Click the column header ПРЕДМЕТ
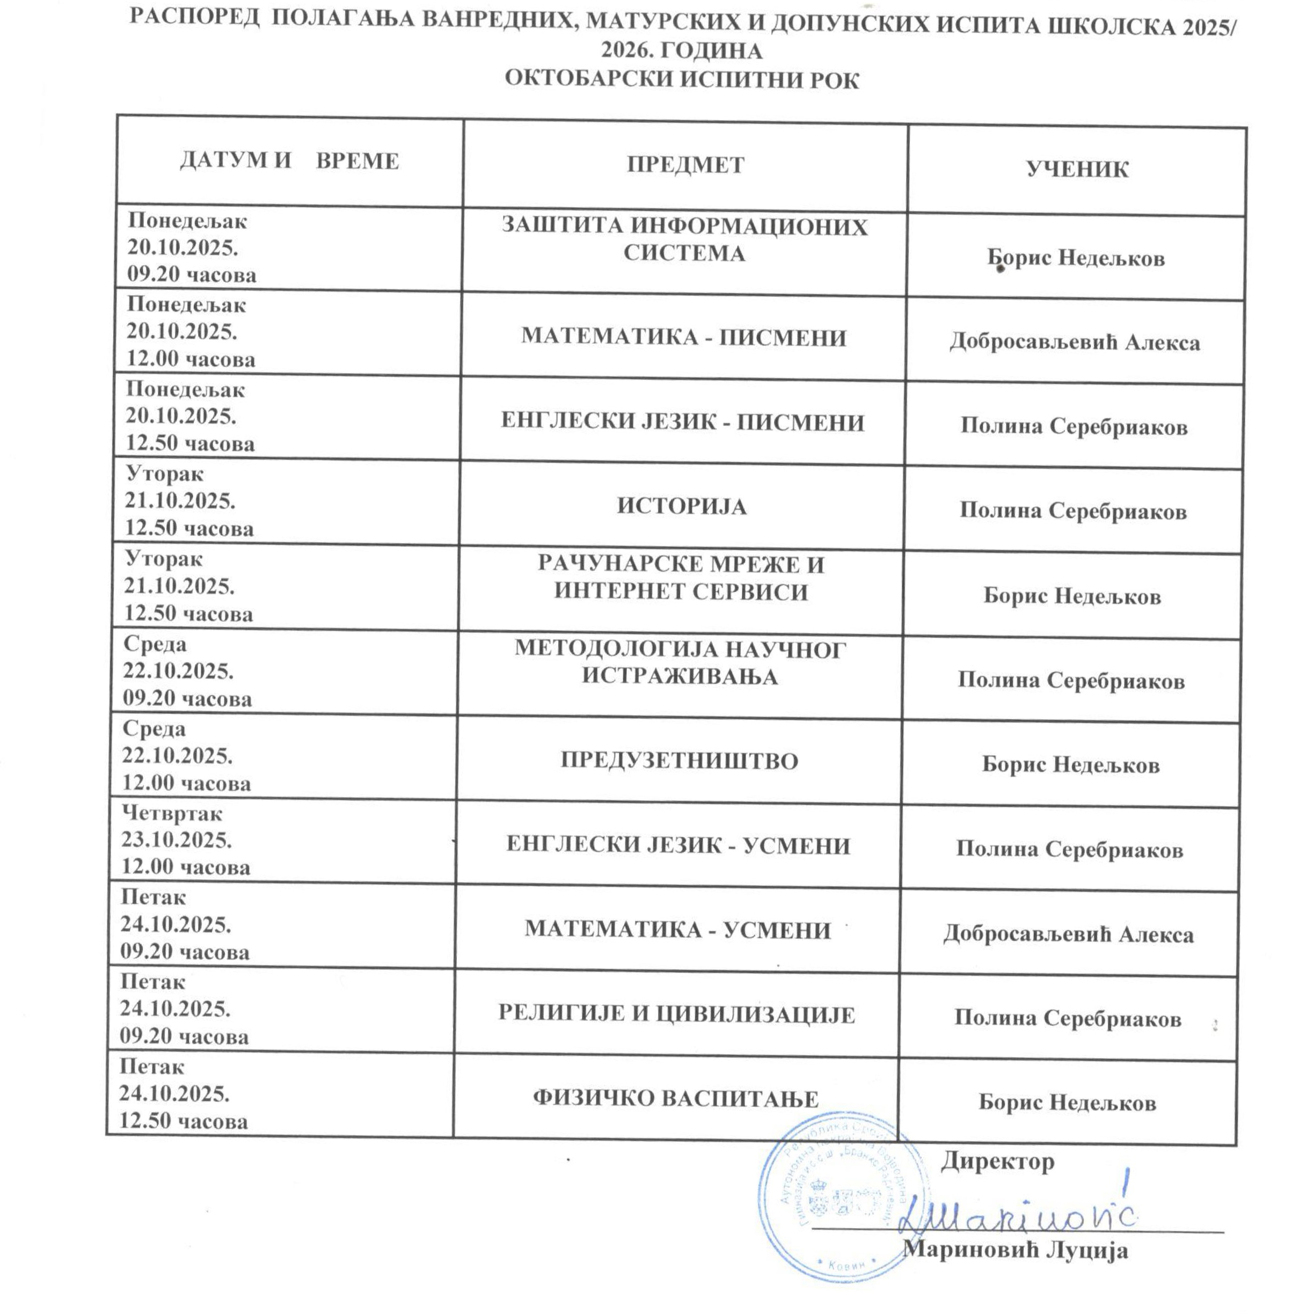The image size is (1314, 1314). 685,165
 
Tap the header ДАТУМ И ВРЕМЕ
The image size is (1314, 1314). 289,161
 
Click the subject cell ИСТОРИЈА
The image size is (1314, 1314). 682,507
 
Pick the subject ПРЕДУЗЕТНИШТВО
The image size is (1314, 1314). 679,761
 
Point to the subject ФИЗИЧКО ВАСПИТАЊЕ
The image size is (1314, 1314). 675,1099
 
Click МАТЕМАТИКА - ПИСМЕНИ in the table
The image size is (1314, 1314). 683,337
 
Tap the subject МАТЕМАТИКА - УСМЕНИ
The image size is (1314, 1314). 677,930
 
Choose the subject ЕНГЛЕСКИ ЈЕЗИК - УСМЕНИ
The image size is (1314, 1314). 678,845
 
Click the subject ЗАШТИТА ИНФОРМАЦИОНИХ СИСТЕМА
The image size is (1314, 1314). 684,239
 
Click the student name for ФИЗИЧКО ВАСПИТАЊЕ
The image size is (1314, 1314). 1067,1103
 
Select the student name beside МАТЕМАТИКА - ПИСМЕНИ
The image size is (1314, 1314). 1075,342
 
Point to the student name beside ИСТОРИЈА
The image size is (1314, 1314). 1072,511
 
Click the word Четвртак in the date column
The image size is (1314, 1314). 172,813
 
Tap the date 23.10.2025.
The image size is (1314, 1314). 176,841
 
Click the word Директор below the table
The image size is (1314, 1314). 997,1162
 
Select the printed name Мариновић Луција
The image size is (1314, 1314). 1016,1251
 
